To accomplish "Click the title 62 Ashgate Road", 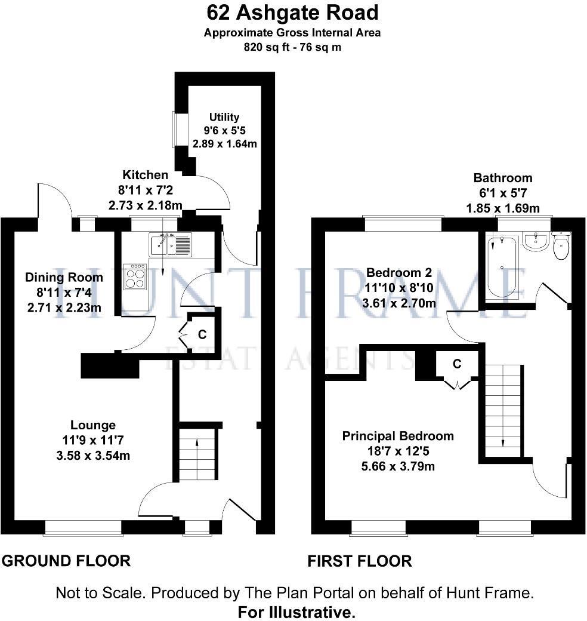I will (x=292, y=12).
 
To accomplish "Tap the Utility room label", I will (x=224, y=117).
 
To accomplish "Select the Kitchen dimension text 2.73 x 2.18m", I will (x=145, y=205).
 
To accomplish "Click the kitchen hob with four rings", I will (x=134, y=276).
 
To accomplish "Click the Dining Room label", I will (x=64, y=278).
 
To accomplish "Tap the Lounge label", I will (x=93, y=426).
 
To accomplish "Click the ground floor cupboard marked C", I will (x=202, y=333).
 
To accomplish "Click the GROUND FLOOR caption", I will (x=66, y=561).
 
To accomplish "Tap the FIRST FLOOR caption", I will (x=359, y=561).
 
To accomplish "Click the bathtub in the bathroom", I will (x=502, y=267).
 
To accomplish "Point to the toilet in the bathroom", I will (x=561, y=247).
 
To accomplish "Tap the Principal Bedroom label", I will (x=397, y=436).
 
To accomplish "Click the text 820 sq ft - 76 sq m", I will (x=292, y=47).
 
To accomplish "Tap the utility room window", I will (x=175, y=129).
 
